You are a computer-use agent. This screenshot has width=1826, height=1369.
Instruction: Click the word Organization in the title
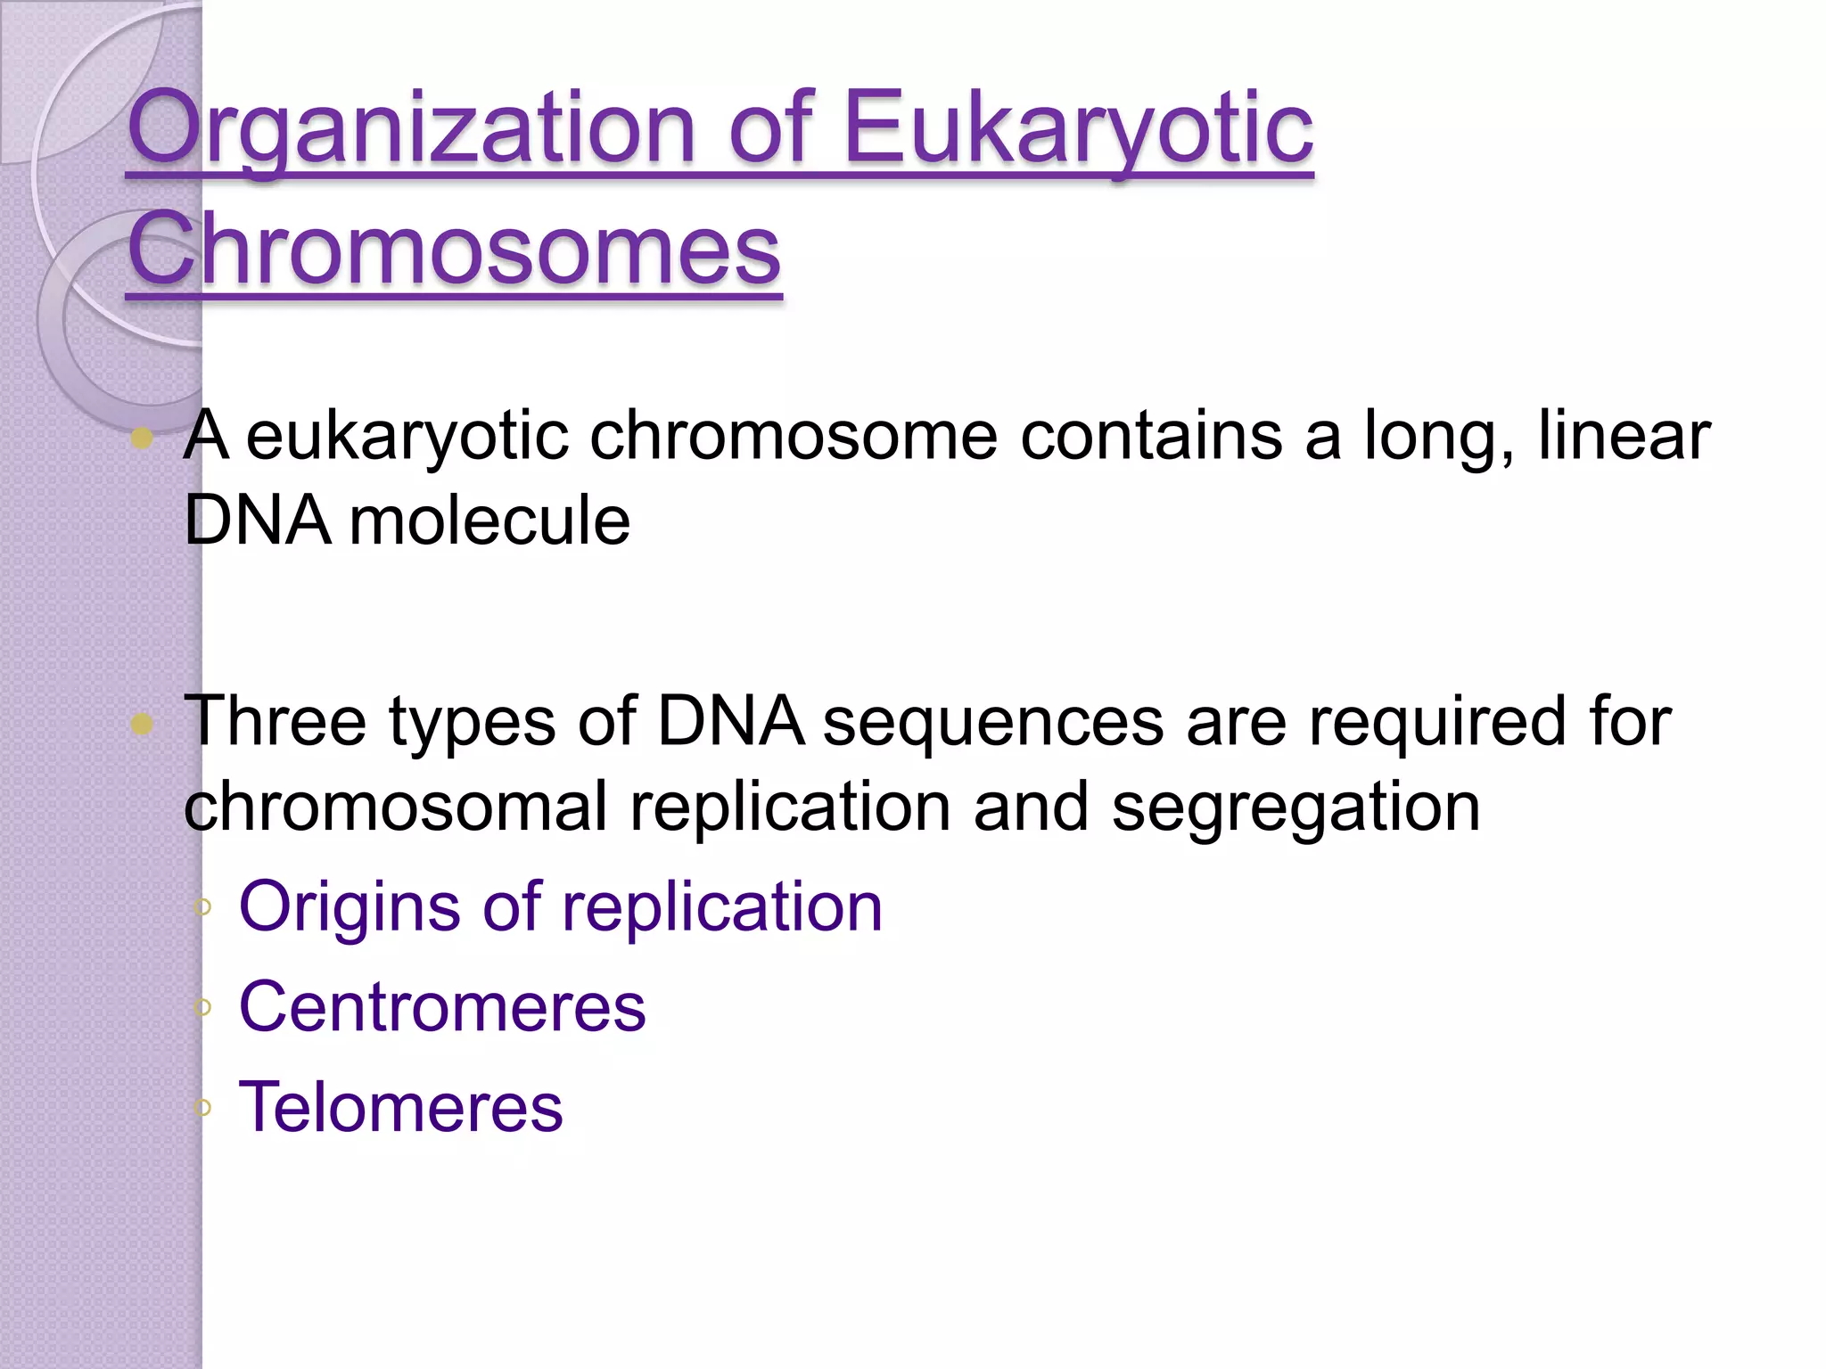[x=410, y=129]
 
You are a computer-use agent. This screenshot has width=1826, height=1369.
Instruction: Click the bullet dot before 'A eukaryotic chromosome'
[x=142, y=438]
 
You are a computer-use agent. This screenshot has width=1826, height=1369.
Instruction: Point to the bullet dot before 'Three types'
[x=142, y=723]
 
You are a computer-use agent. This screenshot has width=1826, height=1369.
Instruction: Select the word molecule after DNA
[x=489, y=521]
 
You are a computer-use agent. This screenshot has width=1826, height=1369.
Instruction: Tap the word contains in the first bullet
[x=1150, y=436]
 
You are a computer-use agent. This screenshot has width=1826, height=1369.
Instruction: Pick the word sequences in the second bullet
[x=992, y=721]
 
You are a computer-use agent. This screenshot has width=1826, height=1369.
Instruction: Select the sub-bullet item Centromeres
[x=442, y=1007]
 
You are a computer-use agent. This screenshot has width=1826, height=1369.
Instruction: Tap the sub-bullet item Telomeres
[x=401, y=1107]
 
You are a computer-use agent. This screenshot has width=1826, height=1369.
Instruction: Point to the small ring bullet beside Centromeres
[x=203, y=1008]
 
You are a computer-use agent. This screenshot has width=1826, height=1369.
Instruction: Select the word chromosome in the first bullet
[x=794, y=436]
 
